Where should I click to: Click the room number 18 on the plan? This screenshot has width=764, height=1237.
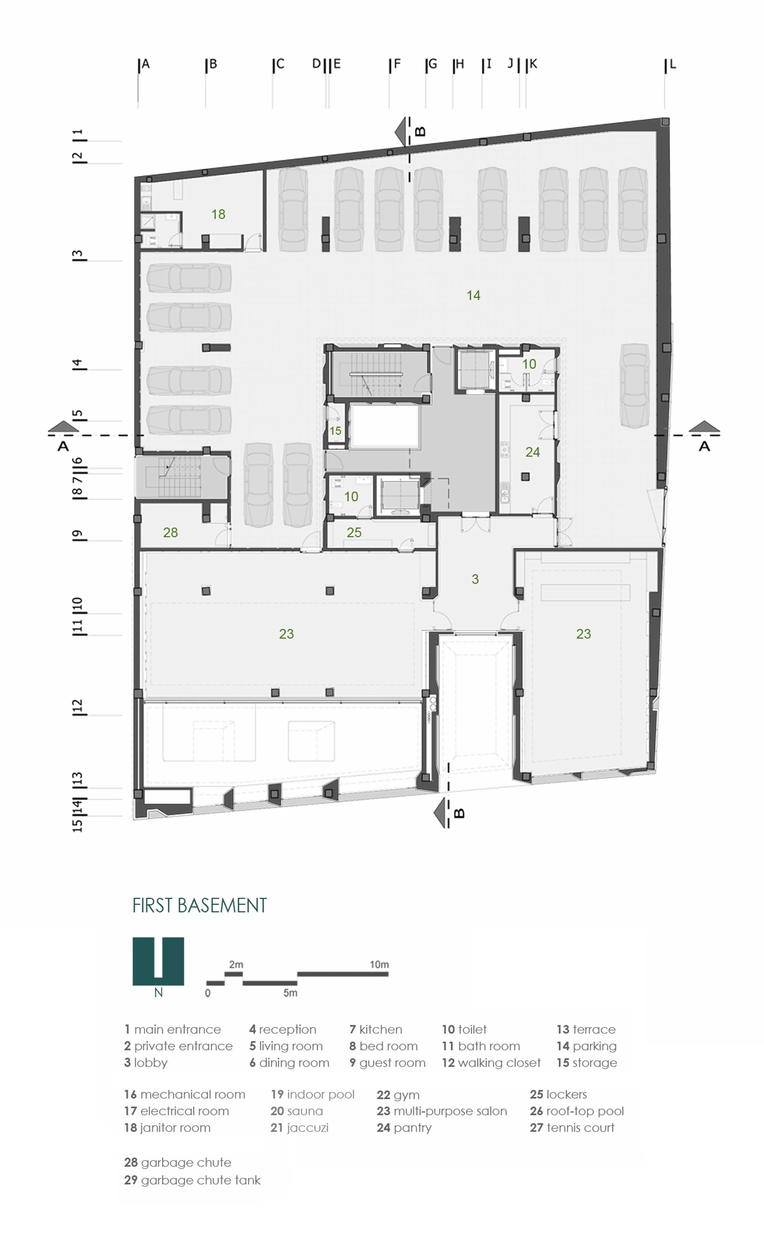pos(218,214)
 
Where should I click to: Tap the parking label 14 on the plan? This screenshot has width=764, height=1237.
pos(473,296)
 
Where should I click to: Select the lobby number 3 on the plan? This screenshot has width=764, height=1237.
pos(475,579)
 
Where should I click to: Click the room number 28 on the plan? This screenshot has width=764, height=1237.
pos(170,532)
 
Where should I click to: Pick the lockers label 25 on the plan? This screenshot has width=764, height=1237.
pos(354,532)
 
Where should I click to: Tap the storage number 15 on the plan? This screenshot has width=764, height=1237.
pos(335,431)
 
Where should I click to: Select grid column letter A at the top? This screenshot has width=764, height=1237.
pos(146,64)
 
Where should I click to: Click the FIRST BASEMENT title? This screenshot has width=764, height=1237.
pos(199,905)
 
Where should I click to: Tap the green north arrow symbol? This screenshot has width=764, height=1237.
pos(158,961)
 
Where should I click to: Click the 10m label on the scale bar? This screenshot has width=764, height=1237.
pos(379,964)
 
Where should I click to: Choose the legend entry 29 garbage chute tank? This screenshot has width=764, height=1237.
pos(192,1180)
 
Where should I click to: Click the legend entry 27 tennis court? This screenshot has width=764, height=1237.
pos(572,1127)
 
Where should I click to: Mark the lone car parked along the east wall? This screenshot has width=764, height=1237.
pos(635,385)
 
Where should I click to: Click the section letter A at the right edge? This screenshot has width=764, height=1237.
pos(704,446)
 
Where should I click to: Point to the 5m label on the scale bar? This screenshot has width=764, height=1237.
pos(290,993)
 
